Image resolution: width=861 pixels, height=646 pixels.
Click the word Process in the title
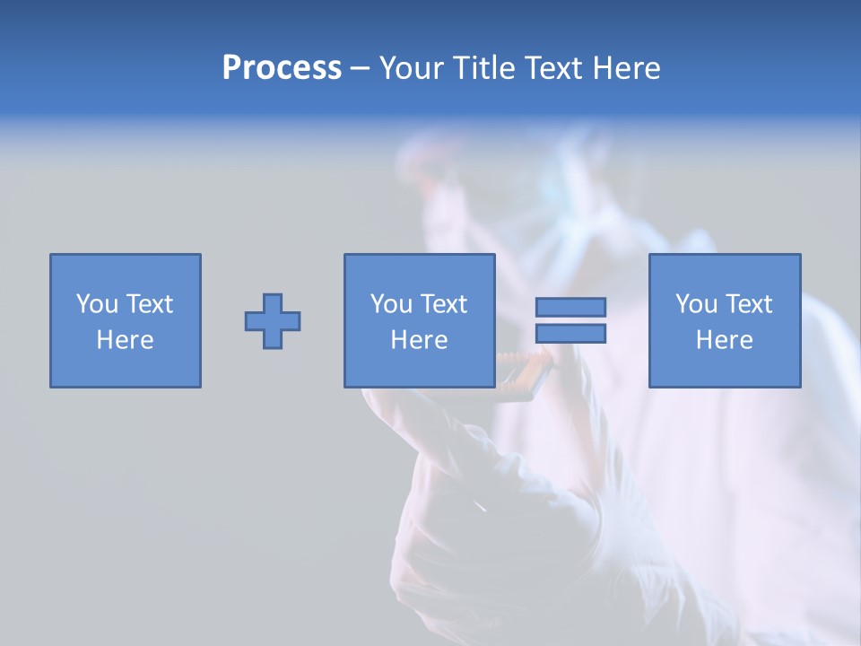coord(282,68)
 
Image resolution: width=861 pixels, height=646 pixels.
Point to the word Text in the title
coord(556,68)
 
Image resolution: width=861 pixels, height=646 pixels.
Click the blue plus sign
coord(273,321)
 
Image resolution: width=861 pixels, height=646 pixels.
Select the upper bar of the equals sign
coord(570,308)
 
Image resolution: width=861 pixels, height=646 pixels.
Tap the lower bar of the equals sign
coord(570,333)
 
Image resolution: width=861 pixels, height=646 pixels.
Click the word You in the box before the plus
coord(97,304)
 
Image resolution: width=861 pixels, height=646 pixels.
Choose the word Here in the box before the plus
coord(125,340)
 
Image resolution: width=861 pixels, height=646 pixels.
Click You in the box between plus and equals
coord(391,304)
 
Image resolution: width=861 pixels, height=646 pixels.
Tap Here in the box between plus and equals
coord(419,340)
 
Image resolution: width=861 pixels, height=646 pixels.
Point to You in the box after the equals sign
coord(696,304)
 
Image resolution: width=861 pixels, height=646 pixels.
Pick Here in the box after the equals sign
coord(724,340)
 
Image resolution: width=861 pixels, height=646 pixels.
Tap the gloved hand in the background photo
coord(484,502)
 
